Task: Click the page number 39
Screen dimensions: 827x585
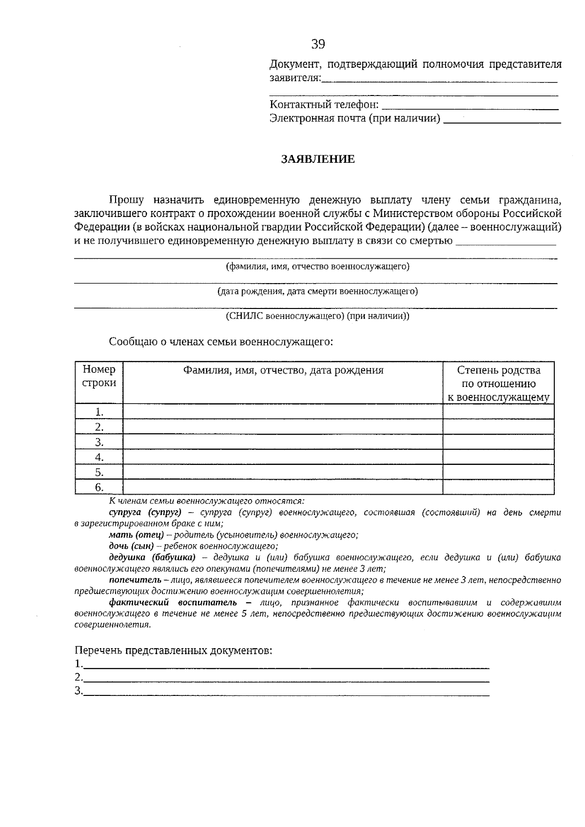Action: [x=318, y=44]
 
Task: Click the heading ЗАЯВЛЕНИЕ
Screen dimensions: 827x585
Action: [x=317, y=159]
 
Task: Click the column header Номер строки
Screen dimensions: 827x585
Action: [x=99, y=376]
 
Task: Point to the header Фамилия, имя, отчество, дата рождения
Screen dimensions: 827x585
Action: [x=283, y=370]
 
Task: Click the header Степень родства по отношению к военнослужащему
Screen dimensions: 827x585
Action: [x=498, y=384]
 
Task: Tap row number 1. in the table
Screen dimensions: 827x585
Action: [x=99, y=412]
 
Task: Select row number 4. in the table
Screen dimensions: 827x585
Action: [x=99, y=458]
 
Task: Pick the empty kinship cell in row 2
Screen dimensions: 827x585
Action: [x=498, y=427]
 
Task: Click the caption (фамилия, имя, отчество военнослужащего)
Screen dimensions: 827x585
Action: [x=317, y=267]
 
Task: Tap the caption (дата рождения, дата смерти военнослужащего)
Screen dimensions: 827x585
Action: [x=317, y=291]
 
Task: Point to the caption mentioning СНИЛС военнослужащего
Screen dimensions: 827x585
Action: [x=317, y=316]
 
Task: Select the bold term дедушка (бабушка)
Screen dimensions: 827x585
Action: [x=152, y=558]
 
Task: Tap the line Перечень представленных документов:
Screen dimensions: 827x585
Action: [x=173, y=651]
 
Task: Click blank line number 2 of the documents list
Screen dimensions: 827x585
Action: [x=287, y=677]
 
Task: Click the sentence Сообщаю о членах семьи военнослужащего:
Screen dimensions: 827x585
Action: [x=221, y=342]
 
